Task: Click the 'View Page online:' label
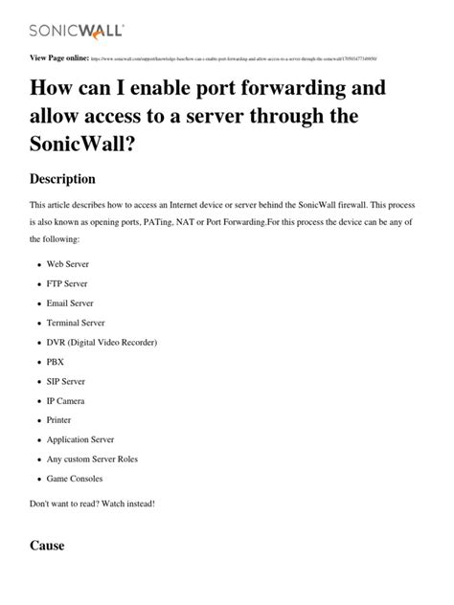click(x=60, y=58)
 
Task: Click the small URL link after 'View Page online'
click(x=235, y=59)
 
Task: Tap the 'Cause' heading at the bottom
click(x=48, y=546)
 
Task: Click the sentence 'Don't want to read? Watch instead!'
click(x=93, y=504)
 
